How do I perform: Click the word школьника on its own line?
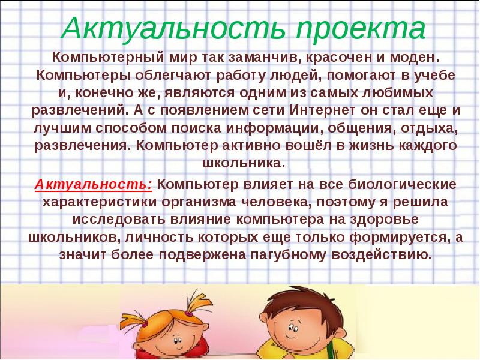point(239,163)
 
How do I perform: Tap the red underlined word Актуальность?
point(93,184)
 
